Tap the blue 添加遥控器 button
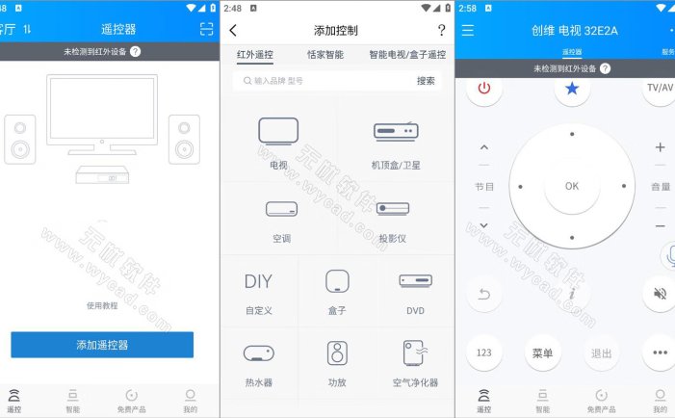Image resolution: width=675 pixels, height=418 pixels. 102,344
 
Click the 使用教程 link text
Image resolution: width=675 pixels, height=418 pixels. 102,305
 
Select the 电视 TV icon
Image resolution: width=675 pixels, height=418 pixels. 278,132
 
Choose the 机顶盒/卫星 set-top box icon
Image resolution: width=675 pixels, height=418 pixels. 394,132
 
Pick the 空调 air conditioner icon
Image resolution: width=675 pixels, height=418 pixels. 281,208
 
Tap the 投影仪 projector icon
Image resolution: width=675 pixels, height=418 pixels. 393,208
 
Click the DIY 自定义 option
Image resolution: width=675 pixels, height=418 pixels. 258,282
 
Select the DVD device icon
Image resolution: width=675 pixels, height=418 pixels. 414,281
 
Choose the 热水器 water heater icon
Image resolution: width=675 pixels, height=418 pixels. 258,354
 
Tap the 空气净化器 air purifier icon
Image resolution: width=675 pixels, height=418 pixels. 415,354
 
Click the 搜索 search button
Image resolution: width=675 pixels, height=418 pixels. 426,82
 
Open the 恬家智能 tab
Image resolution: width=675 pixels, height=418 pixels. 325,55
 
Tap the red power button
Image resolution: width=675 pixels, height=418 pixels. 484,89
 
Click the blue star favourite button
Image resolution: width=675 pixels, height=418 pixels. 572,89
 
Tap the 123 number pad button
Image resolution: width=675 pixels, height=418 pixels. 484,353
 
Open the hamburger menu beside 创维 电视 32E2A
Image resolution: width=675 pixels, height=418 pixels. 468,30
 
